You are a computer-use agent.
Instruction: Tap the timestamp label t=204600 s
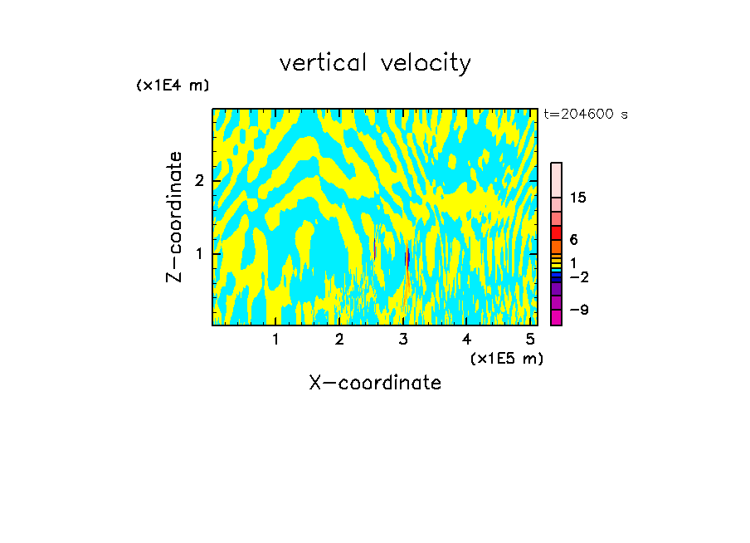pyautogui.click(x=586, y=115)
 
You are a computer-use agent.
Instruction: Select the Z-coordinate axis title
pyautogui.click(x=175, y=217)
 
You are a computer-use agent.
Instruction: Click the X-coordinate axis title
pyautogui.click(x=375, y=383)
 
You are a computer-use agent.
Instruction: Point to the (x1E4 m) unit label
pyautogui.click(x=173, y=86)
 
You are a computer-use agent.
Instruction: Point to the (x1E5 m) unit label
pyautogui.click(x=506, y=358)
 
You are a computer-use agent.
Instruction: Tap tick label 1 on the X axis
pyautogui.click(x=276, y=340)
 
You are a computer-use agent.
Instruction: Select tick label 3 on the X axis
pyautogui.click(x=403, y=340)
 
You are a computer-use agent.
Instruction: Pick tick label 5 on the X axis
pyautogui.click(x=530, y=340)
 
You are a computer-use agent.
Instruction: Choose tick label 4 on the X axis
pyautogui.click(x=467, y=340)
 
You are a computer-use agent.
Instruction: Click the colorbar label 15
pyautogui.click(x=579, y=198)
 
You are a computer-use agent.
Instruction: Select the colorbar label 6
pyautogui.click(x=574, y=239)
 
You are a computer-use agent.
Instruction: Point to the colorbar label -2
pyautogui.click(x=579, y=277)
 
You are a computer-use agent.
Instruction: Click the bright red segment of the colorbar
pyautogui.click(x=557, y=232)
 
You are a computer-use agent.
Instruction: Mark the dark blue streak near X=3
pyautogui.click(x=407, y=258)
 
